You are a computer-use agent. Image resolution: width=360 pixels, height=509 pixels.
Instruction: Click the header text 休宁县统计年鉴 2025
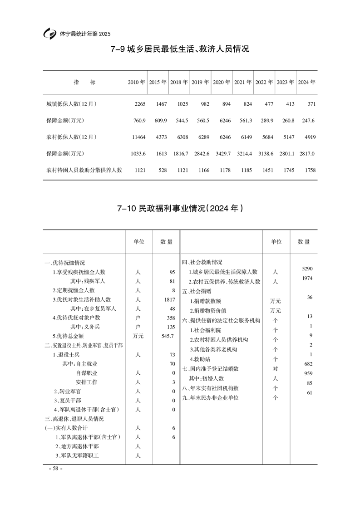(x=85, y=34)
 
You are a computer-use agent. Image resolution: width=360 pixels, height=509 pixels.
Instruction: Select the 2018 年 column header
(x=179, y=83)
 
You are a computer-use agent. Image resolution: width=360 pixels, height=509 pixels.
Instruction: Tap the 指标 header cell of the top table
(x=84, y=83)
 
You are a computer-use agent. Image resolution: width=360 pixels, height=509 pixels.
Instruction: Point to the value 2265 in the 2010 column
(x=139, y=104)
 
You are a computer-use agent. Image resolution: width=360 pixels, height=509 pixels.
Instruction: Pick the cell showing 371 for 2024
(x=311, y=104)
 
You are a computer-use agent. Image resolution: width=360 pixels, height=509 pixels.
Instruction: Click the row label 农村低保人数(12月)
(x=71, y=137)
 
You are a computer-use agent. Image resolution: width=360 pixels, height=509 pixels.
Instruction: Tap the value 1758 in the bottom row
(x=309, y=170)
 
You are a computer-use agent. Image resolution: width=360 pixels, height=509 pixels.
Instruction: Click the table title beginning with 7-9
(x=180, y=49)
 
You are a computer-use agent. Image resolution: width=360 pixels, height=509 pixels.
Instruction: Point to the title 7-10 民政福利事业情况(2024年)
(x=180, y=209)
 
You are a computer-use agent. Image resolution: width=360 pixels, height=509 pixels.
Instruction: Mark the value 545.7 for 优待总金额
(x=167, y=336)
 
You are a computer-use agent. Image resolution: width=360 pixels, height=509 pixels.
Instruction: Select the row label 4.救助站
(x=202, y=359)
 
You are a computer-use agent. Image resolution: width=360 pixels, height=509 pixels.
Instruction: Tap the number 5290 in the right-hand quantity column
(x=307, y=269)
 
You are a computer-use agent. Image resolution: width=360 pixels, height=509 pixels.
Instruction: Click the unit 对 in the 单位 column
(x=275, y=368)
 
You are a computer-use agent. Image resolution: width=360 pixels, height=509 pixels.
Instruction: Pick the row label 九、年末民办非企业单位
(x=210, y=397)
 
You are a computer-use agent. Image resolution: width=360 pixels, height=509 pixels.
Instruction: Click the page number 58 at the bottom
(x=55, y=469)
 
